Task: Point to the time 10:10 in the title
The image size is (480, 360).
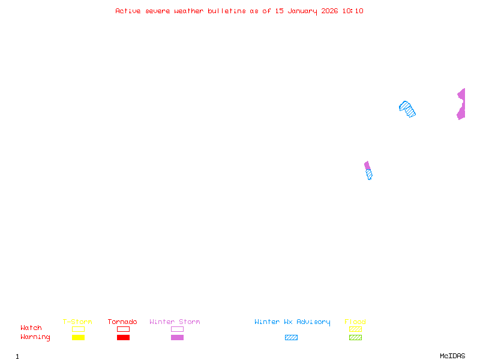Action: click(353, 11)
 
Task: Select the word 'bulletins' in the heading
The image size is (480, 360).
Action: click(226, 11)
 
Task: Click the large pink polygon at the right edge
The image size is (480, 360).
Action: click(461, 104)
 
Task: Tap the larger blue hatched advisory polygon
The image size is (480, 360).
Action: click(407, 109)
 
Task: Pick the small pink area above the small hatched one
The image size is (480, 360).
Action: click(367, 166)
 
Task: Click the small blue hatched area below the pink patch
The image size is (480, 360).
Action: click(369, 175)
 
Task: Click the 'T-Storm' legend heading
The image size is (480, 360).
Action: click(77, 322)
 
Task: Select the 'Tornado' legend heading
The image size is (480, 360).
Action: click(122, 322)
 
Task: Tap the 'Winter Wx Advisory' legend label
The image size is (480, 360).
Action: click(292, 322)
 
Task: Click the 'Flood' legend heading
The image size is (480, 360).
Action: click(355, 322)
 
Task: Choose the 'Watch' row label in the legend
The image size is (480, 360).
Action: click(31, 328)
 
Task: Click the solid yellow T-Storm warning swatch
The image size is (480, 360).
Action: click(78, 337)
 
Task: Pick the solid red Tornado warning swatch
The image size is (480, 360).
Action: click(123, 337)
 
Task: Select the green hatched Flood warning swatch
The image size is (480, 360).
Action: click(355, 337)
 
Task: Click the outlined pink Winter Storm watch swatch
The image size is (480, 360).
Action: click(177, 329)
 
